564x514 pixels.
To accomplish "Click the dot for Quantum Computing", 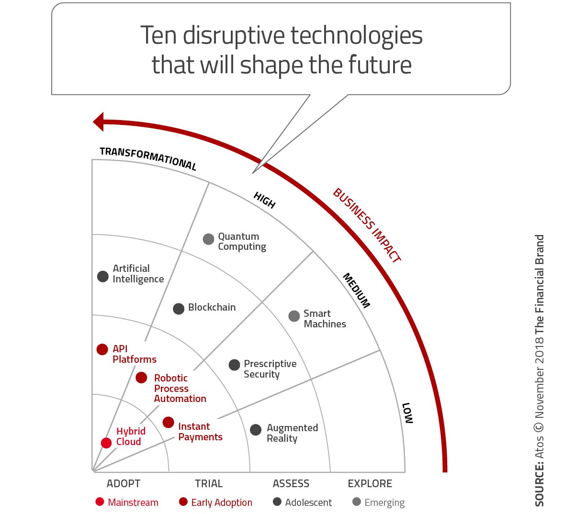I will click(x=208, y=239).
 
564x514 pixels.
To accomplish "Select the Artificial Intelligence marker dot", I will click(x=103, y=276).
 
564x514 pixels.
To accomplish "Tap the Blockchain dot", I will click(x=179, y=309).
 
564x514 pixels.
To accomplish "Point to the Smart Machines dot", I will click(x=294, y=316).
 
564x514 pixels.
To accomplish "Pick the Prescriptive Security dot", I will click(x=234, y=365).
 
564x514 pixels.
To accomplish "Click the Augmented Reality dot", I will click(x=256, y=429).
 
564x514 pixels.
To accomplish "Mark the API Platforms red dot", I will click(x=102, y=349).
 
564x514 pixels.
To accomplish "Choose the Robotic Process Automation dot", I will click(x=141, y=378).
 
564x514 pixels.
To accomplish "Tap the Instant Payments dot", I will click(x=168, y=422).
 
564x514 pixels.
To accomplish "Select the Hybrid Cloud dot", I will click(x=106, y=443).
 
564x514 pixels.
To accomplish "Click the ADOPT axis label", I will click(x=124, y=483).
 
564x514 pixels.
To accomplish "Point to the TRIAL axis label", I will click(x=209, y=483).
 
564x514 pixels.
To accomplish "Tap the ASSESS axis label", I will click(x=291, y=483).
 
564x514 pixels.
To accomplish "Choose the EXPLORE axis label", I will click(x=370, y=483).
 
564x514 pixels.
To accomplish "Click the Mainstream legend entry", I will click(x=127, y=503).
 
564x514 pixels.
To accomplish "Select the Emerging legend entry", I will click(x=379, y=503).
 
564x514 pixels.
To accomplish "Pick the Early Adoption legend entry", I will click(x=216, y=503).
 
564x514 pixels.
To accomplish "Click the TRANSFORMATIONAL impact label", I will click(x=148, y=158).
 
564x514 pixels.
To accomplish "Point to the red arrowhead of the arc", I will click(x=98, y=122).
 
